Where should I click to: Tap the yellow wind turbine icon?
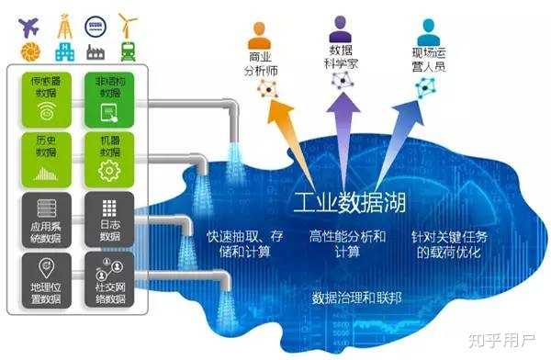click(129, 23)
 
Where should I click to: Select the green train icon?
click(129, 51)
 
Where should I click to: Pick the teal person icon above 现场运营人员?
click(427, 28)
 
